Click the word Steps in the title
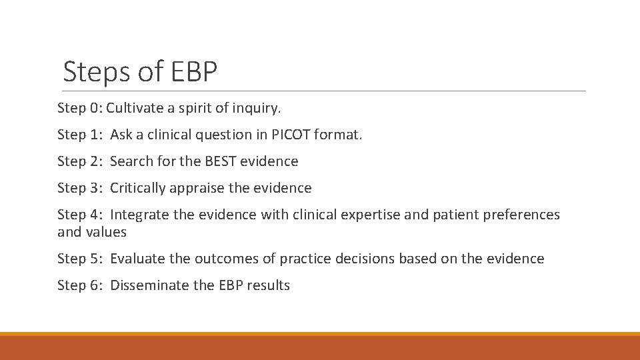point(95,72)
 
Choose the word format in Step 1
point(340,135)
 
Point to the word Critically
point(138,188)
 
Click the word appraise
point(197,189)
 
